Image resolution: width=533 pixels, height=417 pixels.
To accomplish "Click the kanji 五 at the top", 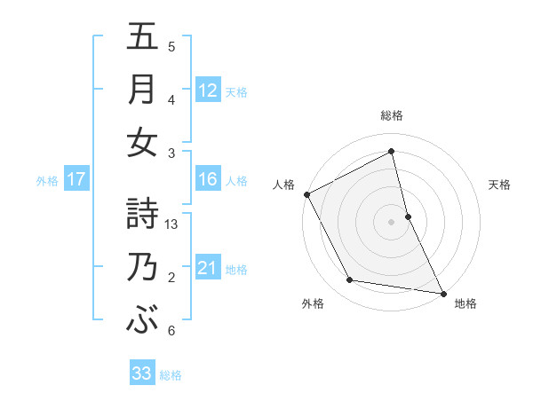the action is (x=142, y=37).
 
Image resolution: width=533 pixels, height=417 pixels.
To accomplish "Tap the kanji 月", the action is (x=142, y=90).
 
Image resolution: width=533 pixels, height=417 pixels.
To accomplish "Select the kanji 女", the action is (x=142, y=143).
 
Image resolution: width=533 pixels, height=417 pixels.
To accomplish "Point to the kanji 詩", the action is (x=142, y=213).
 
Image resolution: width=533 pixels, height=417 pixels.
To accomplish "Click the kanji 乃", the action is (x=142, y=267).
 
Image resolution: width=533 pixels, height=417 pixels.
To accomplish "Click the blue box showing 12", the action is (x=208, y=90).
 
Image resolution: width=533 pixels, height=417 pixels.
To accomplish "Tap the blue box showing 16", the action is (x=208, y=179).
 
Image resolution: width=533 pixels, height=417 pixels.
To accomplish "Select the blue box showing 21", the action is (x=208, y=268).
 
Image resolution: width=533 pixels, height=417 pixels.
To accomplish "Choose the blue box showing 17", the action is (x=76, y=179).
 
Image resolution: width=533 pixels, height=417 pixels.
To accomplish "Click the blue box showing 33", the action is (x=142, y=374).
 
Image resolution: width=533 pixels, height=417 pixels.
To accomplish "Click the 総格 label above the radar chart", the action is (x=392, y=115).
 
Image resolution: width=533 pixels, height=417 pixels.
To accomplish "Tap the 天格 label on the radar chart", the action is (x=500, y=185).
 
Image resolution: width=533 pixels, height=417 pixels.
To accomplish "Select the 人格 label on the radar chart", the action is (x=284, y=185).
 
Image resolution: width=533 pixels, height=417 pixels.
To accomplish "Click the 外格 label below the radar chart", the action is (x=312, y=303).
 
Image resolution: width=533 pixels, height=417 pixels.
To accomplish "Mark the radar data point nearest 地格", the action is (x=442, y=292).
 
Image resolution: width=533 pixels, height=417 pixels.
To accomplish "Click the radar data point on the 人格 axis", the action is (x=306, y=194).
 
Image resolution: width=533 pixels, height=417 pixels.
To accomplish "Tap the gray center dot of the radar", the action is (x=392, y=221).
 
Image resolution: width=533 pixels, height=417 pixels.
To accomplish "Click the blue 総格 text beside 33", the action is (x=171, y=375).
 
